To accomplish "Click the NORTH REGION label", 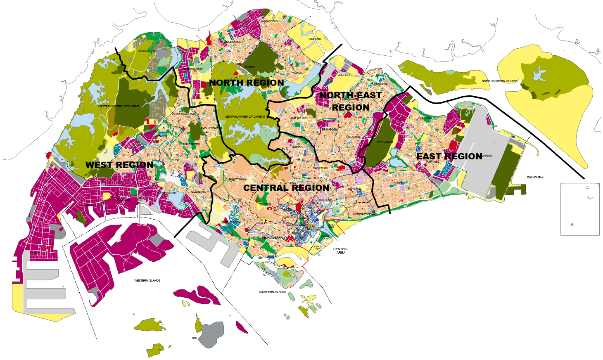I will pos(247,83).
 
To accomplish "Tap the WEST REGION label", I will pos(119,165).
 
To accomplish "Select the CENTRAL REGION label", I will pos(286,188).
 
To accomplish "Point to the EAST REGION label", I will pos(449,156).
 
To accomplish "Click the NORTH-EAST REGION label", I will pos(351,102).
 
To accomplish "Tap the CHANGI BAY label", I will pos(535,178).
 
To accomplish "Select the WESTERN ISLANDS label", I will pos(147,281).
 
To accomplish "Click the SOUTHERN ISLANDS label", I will pos(272,292).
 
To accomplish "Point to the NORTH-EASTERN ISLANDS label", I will pos(499,81).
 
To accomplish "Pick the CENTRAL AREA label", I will pos(341,251).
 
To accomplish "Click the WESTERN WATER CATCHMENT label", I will pos(119,107).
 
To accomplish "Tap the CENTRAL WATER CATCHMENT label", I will pos(245,117).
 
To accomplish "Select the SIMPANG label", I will pos(315,39).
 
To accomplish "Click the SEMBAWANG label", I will pos(269,21).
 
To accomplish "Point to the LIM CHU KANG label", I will pos(147,51).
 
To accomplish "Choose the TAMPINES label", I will pos(432,162).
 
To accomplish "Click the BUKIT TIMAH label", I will pos(237,180).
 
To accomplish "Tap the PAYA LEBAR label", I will pos(385,142).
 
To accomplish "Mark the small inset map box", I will pos(580,209).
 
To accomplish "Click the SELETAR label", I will pos(343,75).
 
